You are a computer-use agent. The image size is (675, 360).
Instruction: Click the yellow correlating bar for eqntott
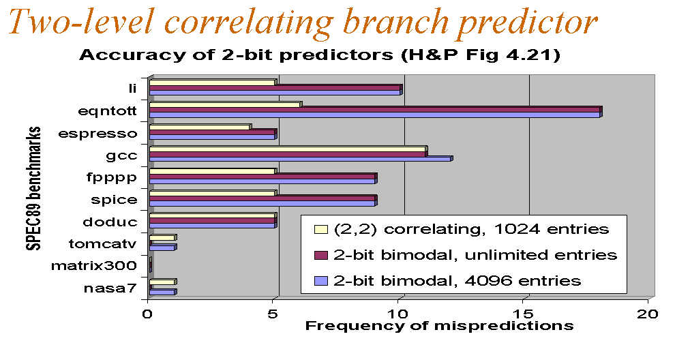tap(226, 104)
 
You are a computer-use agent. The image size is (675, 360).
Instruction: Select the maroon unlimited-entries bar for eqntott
tap(376, 110)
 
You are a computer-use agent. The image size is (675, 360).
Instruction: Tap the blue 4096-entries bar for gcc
tap(301, 159)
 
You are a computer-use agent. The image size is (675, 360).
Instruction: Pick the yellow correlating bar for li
tap(213, 82)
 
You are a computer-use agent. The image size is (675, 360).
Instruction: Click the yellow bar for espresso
tap(200, 127)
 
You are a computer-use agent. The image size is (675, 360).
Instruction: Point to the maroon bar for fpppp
tap(263, 176)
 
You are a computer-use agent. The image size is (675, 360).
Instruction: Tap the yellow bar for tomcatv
tap(163, 237)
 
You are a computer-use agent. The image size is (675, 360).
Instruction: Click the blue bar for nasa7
tap(163, 292)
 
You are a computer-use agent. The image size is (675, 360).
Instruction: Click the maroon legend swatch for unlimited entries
tap(321, 255)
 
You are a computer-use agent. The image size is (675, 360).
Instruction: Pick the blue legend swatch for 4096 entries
tap(321, 281)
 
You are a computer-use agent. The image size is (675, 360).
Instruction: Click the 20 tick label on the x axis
tap(648, 314)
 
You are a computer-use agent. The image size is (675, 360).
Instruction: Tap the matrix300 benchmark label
tap(94, 266)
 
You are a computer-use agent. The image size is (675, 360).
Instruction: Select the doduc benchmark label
tap(110, 222)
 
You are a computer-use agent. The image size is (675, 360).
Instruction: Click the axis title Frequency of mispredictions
tap(439, 325)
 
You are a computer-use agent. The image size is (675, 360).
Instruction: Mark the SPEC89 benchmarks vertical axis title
tap(33, 188)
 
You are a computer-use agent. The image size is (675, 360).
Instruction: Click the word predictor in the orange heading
tap(527, 22)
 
